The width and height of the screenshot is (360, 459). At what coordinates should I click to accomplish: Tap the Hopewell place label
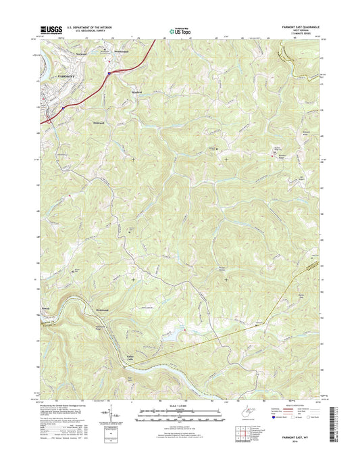99,122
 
